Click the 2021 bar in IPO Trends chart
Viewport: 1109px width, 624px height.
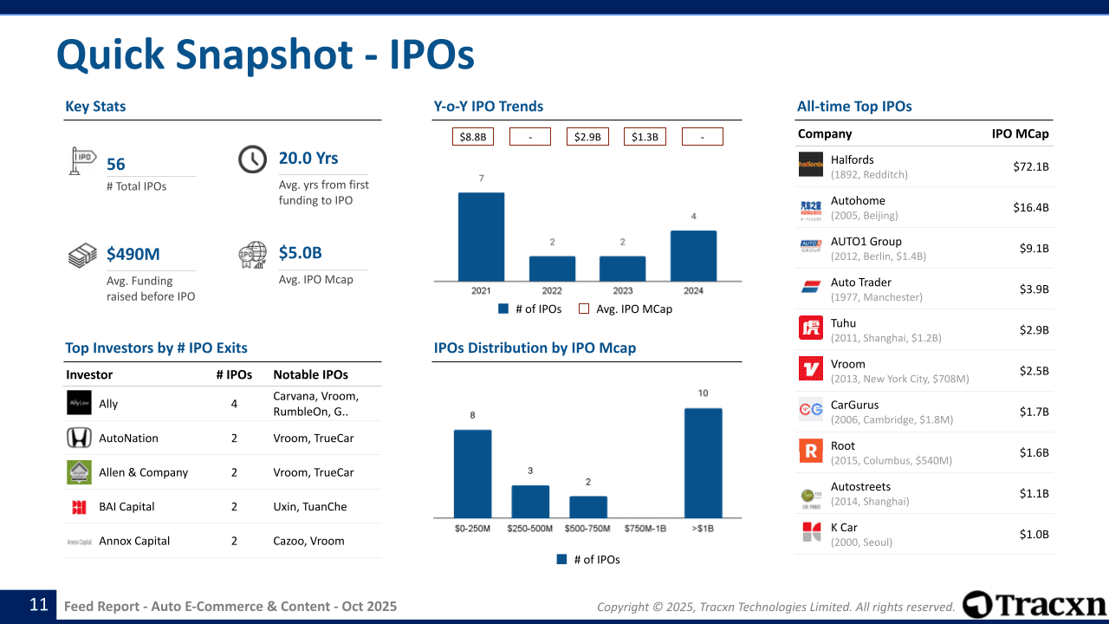click(481, 236)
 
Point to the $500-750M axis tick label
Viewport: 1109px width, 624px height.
click(588, 529)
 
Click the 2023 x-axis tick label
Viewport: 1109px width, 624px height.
click(622, 291)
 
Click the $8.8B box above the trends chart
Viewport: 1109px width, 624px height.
click(472, 137)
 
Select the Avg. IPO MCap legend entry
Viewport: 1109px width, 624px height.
click(625, 309)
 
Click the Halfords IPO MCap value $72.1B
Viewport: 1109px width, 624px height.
click(1030, 166)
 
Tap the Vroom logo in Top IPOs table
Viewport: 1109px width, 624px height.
click(811, 370)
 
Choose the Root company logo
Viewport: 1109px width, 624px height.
click(811, 452)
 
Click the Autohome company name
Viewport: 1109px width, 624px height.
click(858, 200)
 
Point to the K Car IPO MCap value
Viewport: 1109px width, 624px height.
click(1034, 534)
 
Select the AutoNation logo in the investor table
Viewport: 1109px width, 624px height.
click(79, 439)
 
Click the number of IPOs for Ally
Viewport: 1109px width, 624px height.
click(234, 404)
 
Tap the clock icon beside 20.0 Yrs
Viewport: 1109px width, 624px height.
click(252, 159)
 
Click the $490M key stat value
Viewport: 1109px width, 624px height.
click(133, 254)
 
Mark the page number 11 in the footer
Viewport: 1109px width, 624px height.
click(39, 605)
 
